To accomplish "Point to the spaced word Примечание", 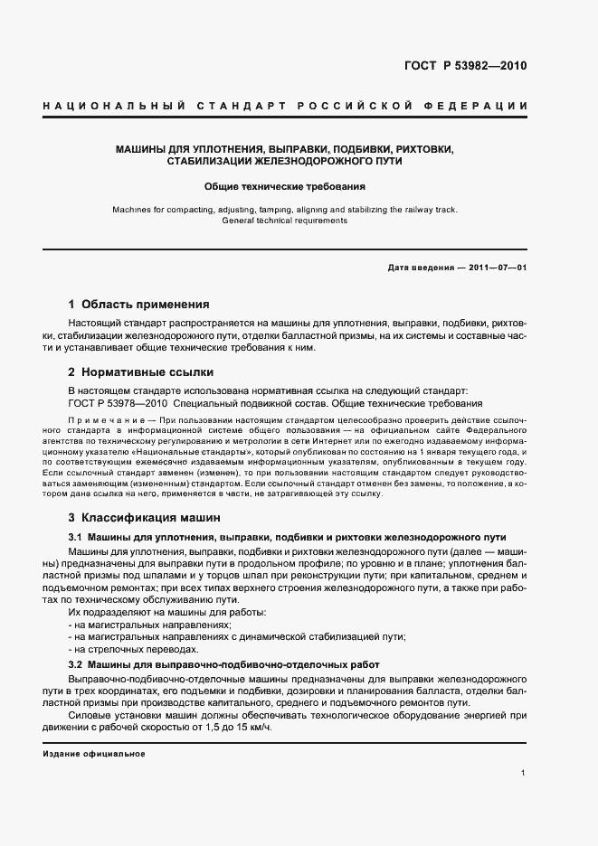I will (97, 422).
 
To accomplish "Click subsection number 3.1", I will (76, 537).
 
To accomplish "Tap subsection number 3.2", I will (76, 665).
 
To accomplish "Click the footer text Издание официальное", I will (94, 754).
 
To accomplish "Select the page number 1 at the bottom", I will (524, 773).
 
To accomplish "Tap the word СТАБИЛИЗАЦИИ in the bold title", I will (210, 161).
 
